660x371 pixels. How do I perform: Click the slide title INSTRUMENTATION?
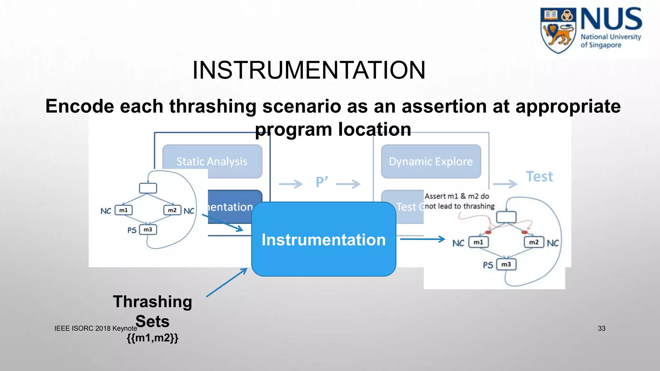point(309,70)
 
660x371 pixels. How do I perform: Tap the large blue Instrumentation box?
point(324,239)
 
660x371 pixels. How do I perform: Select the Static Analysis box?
point(212,161)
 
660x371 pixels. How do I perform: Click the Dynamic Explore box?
point(431,161)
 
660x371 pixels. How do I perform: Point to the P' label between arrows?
point(322,182)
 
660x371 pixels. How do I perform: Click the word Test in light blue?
point(539,176)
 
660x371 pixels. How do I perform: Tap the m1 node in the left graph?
point(123,210)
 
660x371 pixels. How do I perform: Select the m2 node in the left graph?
point(172,210)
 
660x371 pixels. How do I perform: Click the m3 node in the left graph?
point(148,230)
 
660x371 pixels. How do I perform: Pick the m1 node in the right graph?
point(478,242)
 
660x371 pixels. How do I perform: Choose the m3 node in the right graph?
point(506,264)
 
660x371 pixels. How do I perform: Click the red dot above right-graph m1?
point(488,232)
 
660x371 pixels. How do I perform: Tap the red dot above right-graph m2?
point(524,232)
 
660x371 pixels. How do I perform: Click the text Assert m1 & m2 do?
point(457,196)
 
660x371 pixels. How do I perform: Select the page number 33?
point(601,328)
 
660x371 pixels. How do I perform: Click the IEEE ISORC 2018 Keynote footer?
point(95,328)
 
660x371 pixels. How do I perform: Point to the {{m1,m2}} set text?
point(152,338)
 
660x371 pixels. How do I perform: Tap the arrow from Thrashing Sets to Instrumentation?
point(227,282)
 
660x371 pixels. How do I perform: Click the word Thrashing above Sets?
point(152,302)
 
